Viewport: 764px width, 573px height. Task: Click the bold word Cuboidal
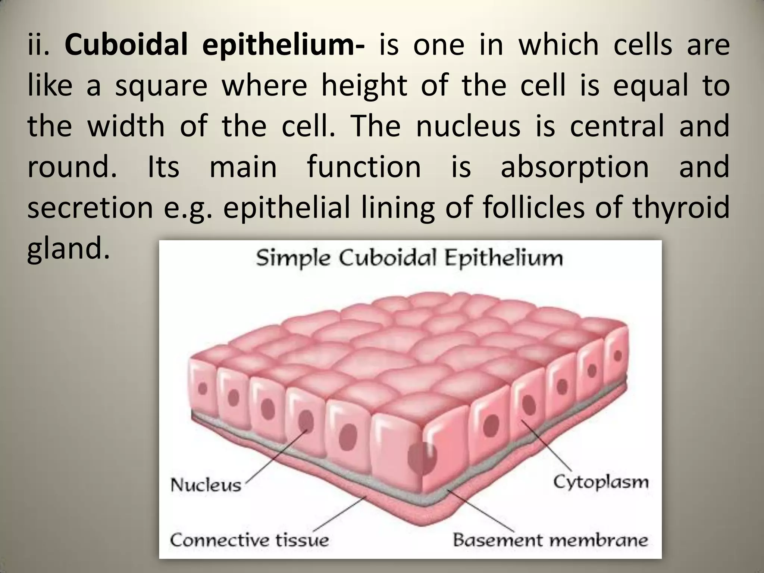click(126, 45)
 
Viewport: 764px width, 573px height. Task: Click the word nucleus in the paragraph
click(468, 126)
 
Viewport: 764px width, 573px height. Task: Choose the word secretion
click(90, 207)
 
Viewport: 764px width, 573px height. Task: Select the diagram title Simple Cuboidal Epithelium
click(409, 259)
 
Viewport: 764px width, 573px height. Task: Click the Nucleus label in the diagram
click(206, 485)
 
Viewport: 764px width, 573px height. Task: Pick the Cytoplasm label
click(601, 482)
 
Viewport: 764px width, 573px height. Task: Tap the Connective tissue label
click(249, 540)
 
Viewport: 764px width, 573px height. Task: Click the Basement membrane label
click(550, 540)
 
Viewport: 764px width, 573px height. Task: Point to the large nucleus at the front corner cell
click(422, 457)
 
